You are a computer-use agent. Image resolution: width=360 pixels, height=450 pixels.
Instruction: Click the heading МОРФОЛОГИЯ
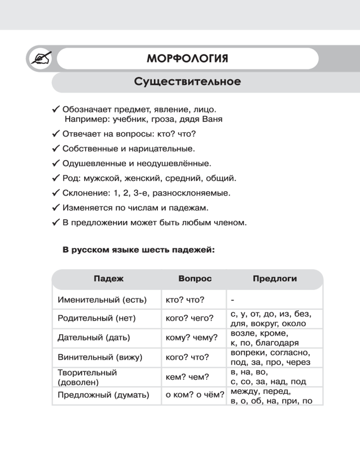click(x=187, y=59)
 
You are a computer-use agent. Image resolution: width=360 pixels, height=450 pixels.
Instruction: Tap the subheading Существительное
click(x=187, y=82)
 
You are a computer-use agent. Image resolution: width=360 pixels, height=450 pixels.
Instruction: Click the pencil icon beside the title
click(x=39, y=59)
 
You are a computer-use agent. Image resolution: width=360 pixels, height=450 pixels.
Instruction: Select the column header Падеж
click(x=108, y=279)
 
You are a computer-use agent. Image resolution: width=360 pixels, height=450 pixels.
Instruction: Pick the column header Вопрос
click(x=195, y=279)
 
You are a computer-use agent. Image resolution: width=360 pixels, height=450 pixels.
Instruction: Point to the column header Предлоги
click(x=274, y=279)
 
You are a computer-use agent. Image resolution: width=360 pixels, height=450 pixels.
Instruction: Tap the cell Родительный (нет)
click(x=97, y=319)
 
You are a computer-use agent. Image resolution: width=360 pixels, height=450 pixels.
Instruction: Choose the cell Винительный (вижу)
click(x=100, y=357)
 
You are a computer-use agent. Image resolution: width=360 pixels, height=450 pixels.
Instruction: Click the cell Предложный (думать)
click(x=103, y=396)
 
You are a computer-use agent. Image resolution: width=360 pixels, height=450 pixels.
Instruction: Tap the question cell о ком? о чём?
click(x=195, y=396)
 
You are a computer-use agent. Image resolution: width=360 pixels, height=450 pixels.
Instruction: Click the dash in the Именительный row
click(x=232, y=300)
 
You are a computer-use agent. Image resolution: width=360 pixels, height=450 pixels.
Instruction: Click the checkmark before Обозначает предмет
click(x=56, y=109)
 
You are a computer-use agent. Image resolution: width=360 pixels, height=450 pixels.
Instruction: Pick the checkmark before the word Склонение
click(x=56, y=193)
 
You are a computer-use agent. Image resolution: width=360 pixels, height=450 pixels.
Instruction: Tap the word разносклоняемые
click(x=197, y=193)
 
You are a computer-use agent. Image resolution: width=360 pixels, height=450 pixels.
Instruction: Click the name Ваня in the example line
click(x=213, y=120)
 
